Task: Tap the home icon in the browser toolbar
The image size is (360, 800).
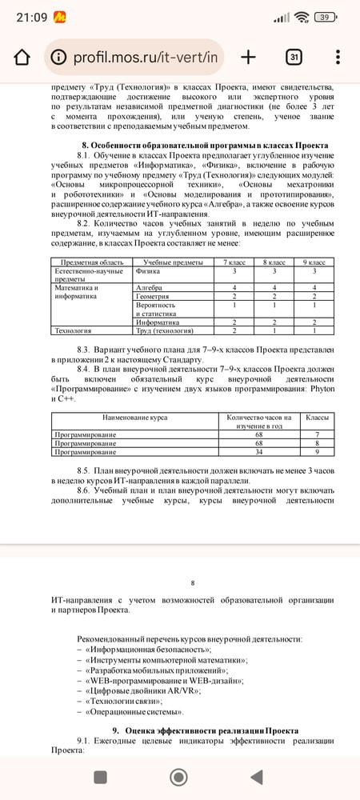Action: [x=22, y=58]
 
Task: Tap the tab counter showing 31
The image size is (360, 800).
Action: [x=294, y=58]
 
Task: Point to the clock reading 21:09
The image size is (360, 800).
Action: [x=30, y=16]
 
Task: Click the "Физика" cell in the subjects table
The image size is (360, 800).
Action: [x=149, y=271]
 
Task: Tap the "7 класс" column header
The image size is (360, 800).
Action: [x=234, y=262]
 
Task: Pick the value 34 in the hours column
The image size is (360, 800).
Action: [x=258, y=452]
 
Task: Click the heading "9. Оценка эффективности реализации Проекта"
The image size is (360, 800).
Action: [x=206, y=730]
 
